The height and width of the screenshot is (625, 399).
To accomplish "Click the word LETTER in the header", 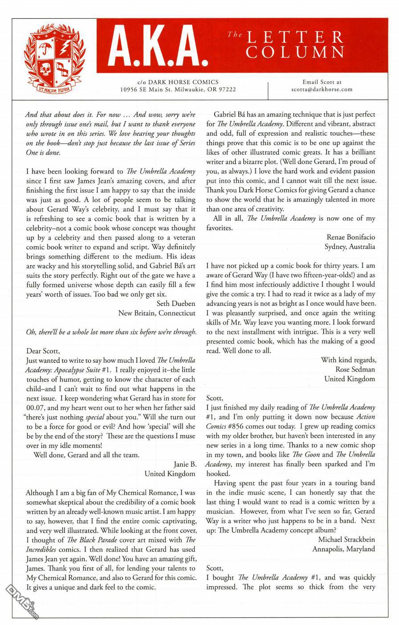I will click(x=296, y=37).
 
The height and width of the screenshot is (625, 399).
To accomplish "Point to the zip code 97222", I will click(x=225, y=89).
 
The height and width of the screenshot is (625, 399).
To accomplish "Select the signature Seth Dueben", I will click(x=176, y=304).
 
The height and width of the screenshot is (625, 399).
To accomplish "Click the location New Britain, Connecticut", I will click(x=157, y=313).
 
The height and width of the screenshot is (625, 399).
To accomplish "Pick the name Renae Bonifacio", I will click(x=350, y=237).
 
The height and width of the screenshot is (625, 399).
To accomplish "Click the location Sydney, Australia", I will click(x=350, y=246).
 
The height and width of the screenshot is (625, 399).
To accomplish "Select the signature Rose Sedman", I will click(x=355, y=369).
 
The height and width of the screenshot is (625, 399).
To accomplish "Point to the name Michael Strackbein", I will click(x=346, y=540).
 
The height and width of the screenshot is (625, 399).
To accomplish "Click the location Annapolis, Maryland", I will click(x=343, y=549).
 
